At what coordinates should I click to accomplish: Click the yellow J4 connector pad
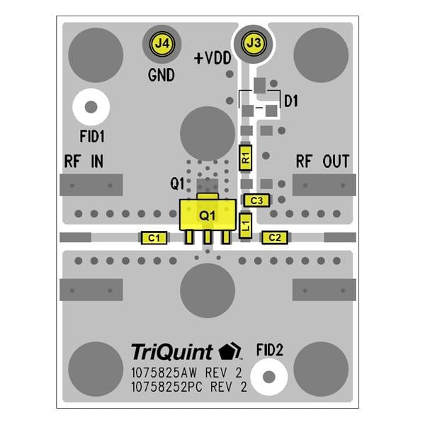click(162, 43)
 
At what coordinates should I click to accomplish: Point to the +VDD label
click(212, 59)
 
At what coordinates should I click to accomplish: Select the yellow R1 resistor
click(246, 157)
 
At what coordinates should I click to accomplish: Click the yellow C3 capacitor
click(256, 200)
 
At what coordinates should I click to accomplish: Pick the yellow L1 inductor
click(245, 225)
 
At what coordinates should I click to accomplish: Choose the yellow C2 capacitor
click(275, 238)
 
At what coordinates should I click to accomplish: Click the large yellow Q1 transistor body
click(207, 215)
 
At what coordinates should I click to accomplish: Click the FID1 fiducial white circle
click(91, 108)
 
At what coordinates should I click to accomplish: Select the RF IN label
click(84, 161)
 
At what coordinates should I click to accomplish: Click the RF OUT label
click(322, 161)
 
